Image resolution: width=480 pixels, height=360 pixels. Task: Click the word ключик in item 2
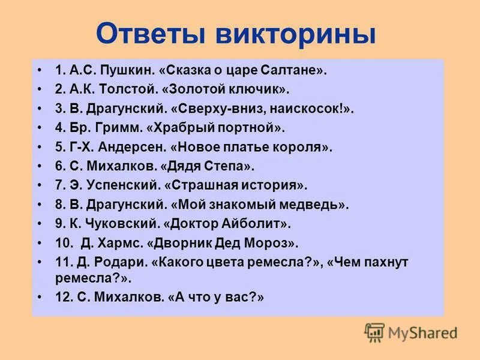tap(259, 89)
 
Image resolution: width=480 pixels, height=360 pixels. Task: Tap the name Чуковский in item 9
tap(122, 224)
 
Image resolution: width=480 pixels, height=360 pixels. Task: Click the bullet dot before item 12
tap(40, 297)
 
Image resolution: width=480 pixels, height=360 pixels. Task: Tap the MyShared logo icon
tap(374, 332)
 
